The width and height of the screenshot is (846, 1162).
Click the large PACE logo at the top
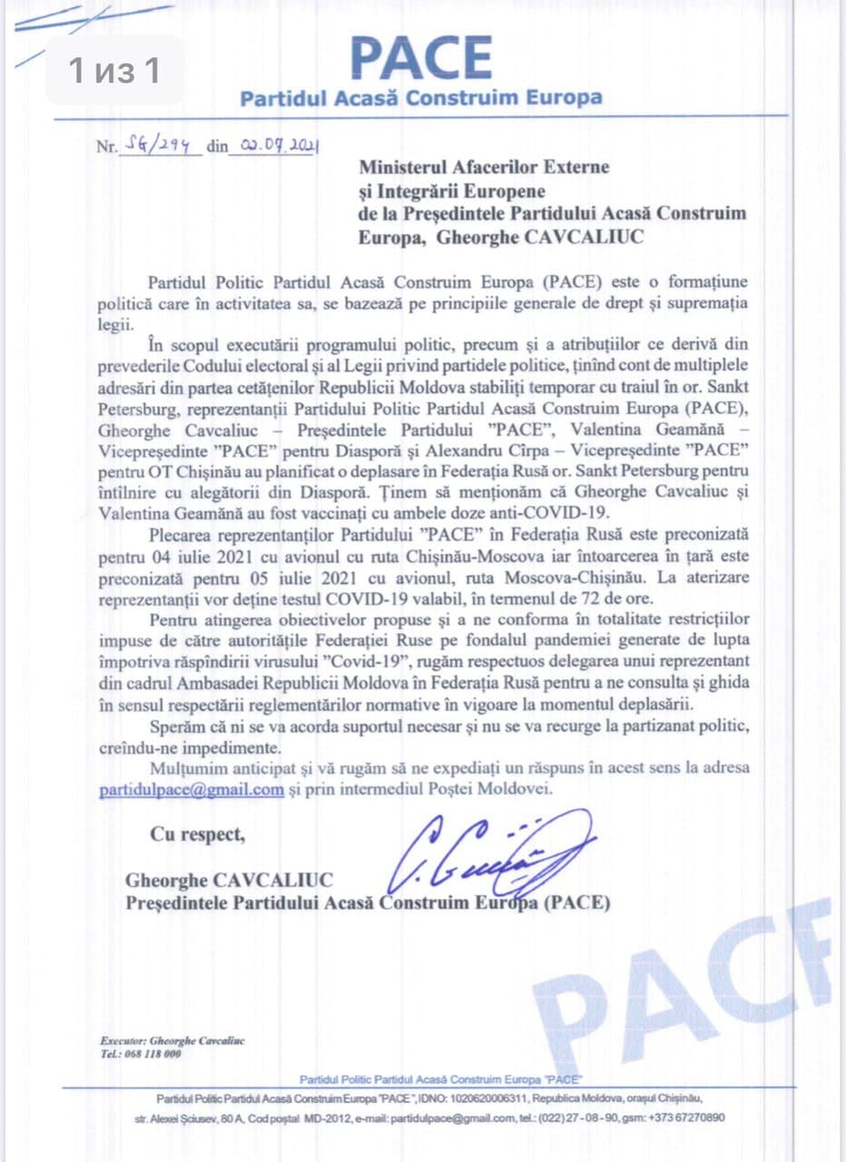click(x=421, y=56)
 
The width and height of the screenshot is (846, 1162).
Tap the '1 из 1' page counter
click(x=114, y=71)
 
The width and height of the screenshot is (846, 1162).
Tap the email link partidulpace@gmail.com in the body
click(x=192, y=790)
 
